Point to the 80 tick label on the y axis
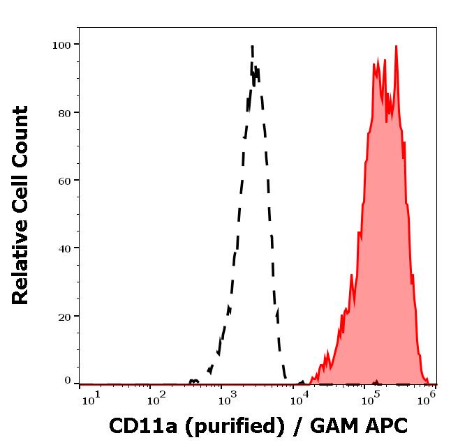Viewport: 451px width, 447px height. click(64, 112)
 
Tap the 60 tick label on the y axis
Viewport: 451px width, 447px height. click(64, 180)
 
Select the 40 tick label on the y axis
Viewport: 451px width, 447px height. click(64, 248)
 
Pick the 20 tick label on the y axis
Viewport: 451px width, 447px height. click(64, 316)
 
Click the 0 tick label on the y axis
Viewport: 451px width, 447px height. click(68, 381)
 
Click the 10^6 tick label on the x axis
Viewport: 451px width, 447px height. click(427, 397)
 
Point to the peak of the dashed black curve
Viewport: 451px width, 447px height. click(251, 47)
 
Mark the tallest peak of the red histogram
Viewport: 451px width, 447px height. click(396, 47)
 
